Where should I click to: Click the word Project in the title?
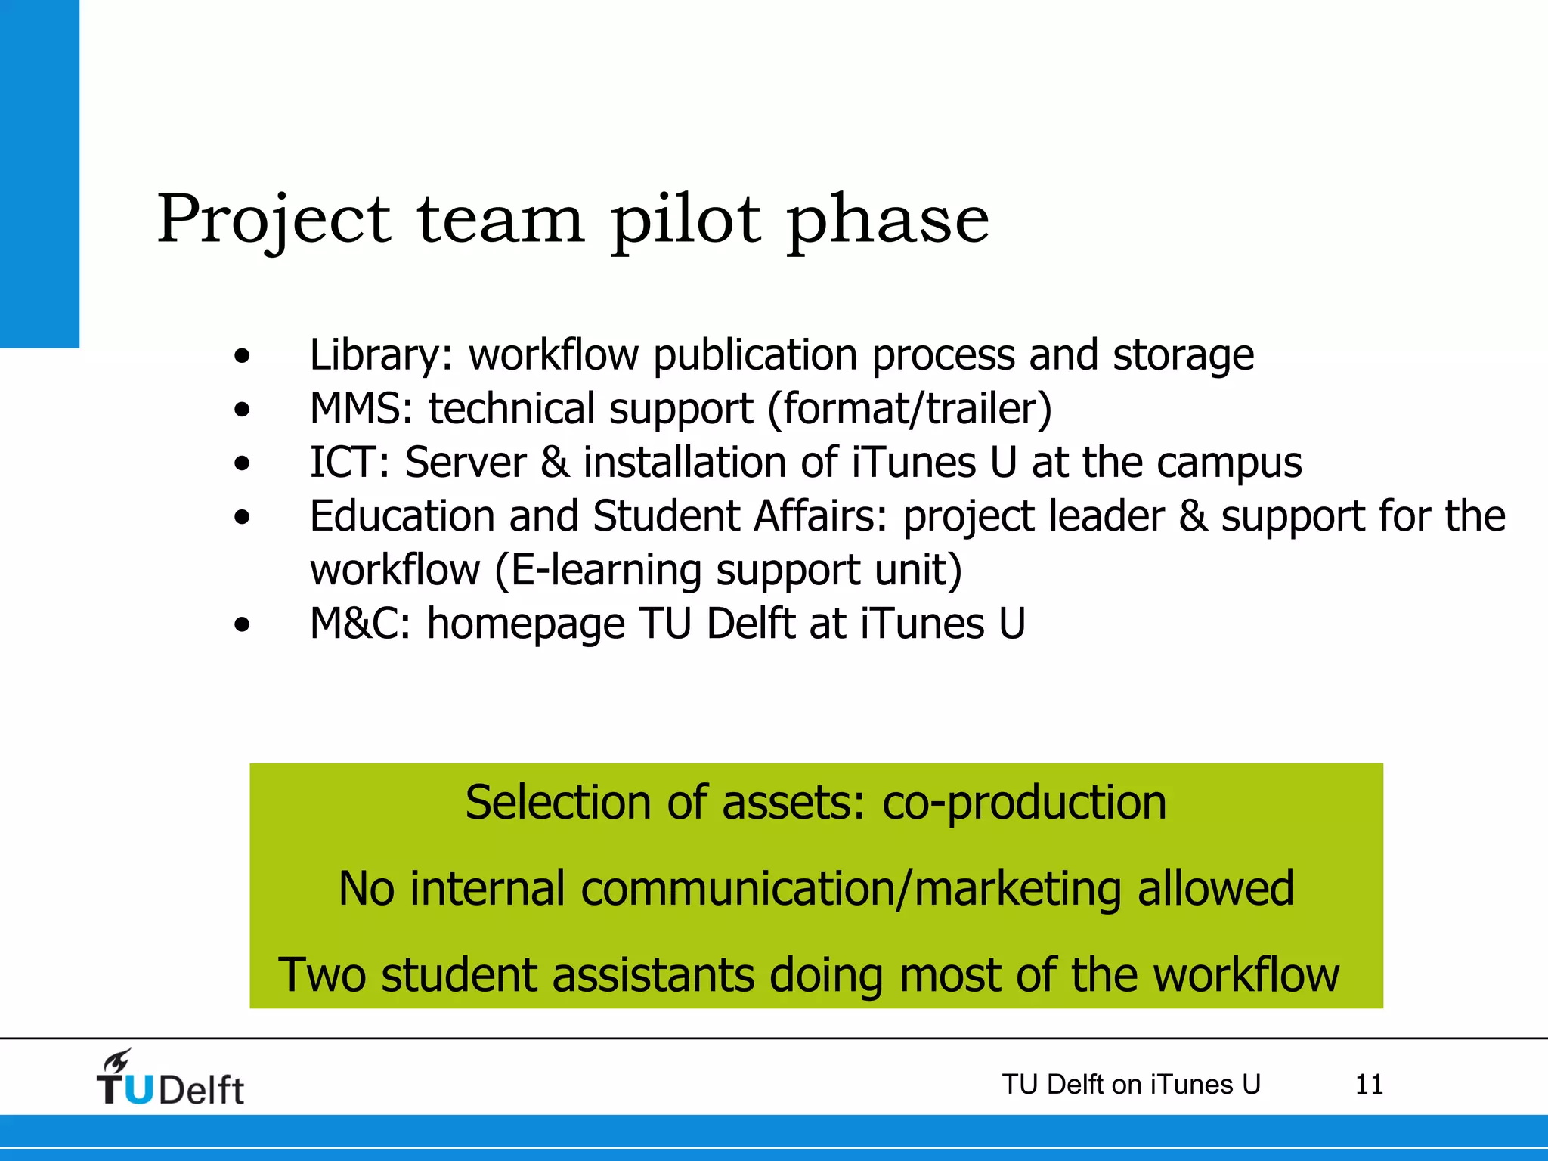click(274, 221)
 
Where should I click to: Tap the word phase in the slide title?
click(887, 221)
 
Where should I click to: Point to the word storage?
click(1183, 355)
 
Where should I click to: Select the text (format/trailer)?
click(909, 409)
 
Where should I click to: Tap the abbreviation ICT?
click(348, 463)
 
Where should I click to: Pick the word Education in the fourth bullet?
click(402, 516)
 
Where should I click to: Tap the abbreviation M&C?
click(360, 624)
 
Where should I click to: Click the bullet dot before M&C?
click(242, 625)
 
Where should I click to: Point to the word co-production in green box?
click(1024, 803)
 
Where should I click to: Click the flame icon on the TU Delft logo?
click(117, 1061)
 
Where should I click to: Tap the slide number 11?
click(1369, 1085)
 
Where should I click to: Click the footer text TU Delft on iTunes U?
click(1131, 1085)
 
